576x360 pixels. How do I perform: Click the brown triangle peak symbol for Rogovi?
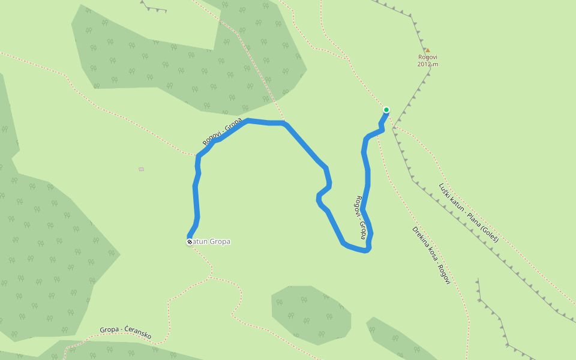click(427, 50)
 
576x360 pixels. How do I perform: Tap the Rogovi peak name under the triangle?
click(428, 58)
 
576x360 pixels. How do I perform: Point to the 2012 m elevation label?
click(428, 64)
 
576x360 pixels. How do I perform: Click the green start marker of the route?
click(386, 110)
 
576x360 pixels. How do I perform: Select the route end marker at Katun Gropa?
click(190, 242)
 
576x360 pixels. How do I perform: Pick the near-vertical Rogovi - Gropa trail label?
click(361, 217)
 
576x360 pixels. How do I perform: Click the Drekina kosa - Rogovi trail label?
click(431, 255)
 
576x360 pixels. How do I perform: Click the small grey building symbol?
click(141, 169)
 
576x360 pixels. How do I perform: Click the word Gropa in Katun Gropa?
click(220, 242)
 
